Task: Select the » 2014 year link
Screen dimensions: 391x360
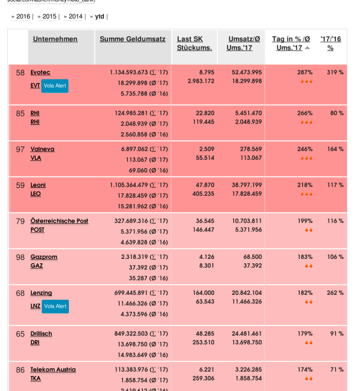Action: click(x=73, y=16)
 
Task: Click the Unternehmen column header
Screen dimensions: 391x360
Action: click(x=55, y=39)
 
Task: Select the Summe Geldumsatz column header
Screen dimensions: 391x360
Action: click(x=133, y=39)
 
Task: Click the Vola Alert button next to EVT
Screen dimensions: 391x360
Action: click(x=55, y=86)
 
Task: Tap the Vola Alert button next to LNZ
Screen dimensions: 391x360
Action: click(x=55, y=306)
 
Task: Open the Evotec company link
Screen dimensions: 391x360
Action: click(x=40, y=72)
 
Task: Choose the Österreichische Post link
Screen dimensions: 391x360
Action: click(x=59, y=221)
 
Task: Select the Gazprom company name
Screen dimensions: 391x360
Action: click(x=44, y=257)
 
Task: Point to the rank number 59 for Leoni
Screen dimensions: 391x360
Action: click(x=20, y=185)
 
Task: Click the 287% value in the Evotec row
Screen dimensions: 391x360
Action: click(x=305, y=72)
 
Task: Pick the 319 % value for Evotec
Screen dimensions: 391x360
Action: click(x=335, y=72)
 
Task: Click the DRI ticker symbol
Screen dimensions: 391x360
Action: click(x=35, y=342)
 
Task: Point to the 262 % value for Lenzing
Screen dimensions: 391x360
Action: click(x=335, y=293)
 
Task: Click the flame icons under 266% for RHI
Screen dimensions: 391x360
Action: click(x=307, y=122)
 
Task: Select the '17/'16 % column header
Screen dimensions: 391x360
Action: click(x=331, y=43)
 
